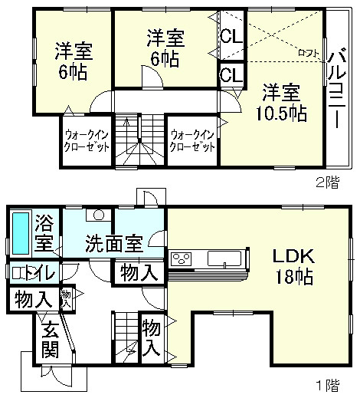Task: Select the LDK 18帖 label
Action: (x=290, y=266)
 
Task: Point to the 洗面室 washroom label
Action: (x=113, y=243)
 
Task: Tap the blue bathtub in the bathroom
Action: (x=21, y=233)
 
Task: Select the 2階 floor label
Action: (x=327, y=183)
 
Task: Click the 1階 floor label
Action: (x=327, y=383)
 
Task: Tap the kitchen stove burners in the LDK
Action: (x=181, y=258)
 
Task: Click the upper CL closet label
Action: (x=230, y=36)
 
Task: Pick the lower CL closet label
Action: (x=230, y=75)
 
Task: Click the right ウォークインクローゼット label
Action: (x=191, y=140)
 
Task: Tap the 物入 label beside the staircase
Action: (x=150, y=338)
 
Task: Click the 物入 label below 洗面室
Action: (x=138, y=272)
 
